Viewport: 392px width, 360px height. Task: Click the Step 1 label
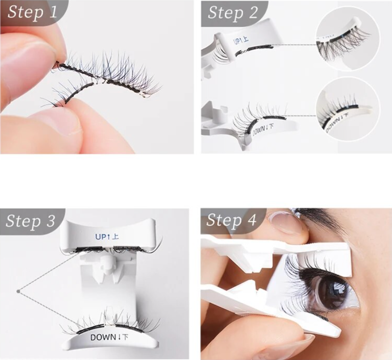pos(32,12)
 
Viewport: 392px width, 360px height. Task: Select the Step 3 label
pos(31,221)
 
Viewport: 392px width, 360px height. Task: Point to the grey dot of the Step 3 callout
pos(17,291)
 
